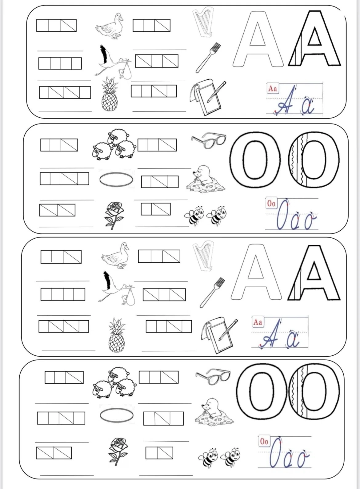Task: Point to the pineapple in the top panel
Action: coord(110,94)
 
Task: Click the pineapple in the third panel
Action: coord(117,335)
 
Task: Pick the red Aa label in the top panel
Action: coord(273,88)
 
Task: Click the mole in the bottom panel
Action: coord(214,411)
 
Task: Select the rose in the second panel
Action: coord(114,215)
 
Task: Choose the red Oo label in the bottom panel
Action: coord(264,441)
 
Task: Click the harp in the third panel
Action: coord(203,255)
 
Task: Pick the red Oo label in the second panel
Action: coord(271,203)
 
